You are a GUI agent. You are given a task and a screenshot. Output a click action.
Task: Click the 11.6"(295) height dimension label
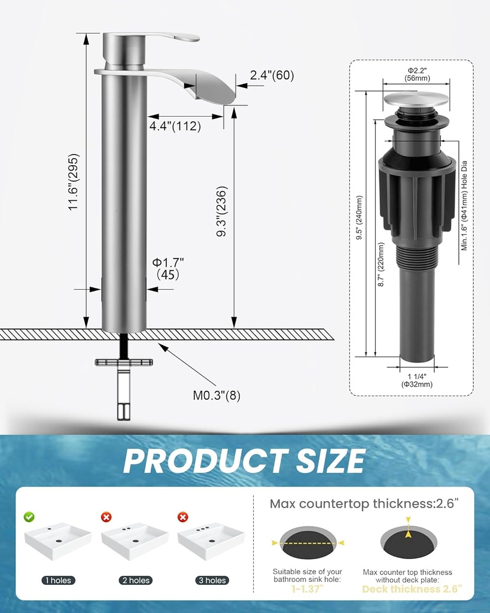(74, 182)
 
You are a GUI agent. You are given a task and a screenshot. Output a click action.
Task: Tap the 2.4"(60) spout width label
(272, 75)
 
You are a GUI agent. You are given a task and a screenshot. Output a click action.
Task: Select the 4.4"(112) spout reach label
(175, 126)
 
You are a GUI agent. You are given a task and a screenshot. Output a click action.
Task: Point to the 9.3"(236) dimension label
(221, 211)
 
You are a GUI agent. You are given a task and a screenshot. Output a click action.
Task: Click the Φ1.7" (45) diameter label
(168, 268)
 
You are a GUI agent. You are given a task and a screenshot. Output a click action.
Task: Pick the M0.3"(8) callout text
(217, 396)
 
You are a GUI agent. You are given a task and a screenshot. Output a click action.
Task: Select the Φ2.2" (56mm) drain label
(417, 74)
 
